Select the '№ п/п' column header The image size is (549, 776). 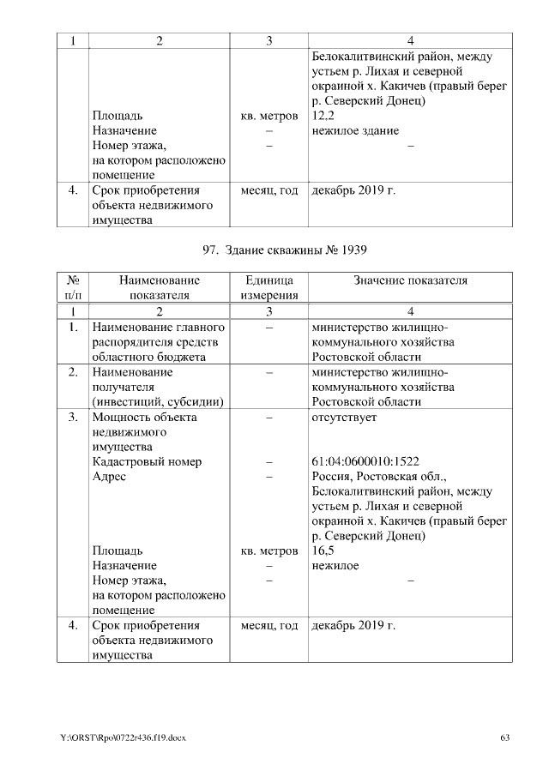tap(73, 287)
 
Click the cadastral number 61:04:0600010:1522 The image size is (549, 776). tap(365, 461)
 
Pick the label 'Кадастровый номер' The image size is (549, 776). tap(147, 461)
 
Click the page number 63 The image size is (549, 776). tap(504, 738)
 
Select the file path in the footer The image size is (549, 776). tap(123, 738)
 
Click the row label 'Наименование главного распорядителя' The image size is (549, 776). tap(158, 342)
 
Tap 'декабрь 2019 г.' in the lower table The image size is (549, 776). tap(353, 625)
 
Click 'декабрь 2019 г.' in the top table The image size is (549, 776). tap(353, 190)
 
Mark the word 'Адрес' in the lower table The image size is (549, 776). tap(109, 477)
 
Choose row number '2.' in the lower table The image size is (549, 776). tap(73, 372)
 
